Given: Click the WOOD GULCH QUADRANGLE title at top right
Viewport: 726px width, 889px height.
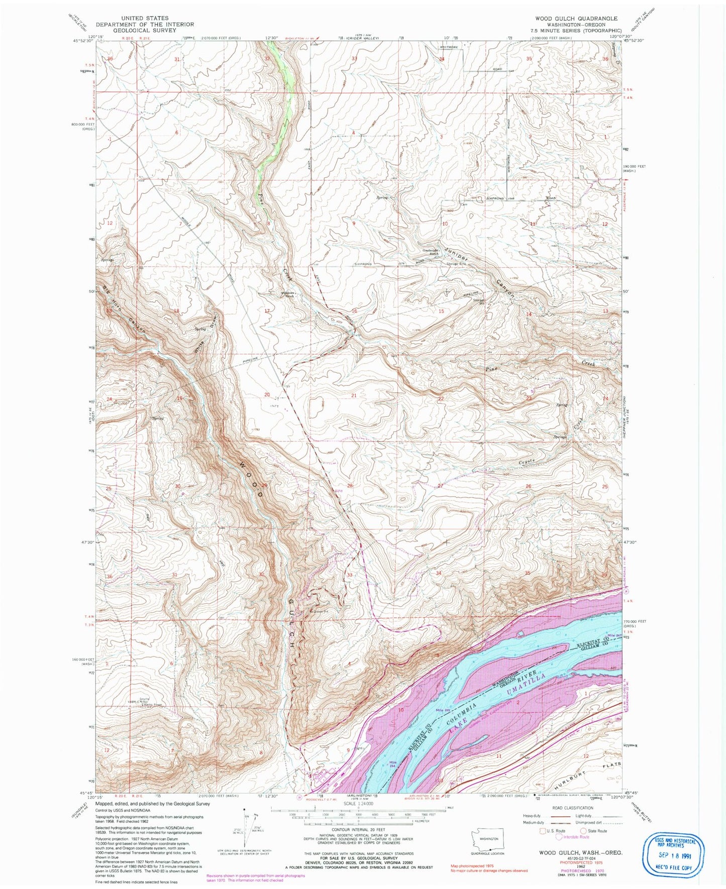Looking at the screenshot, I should [x=576, y=18].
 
